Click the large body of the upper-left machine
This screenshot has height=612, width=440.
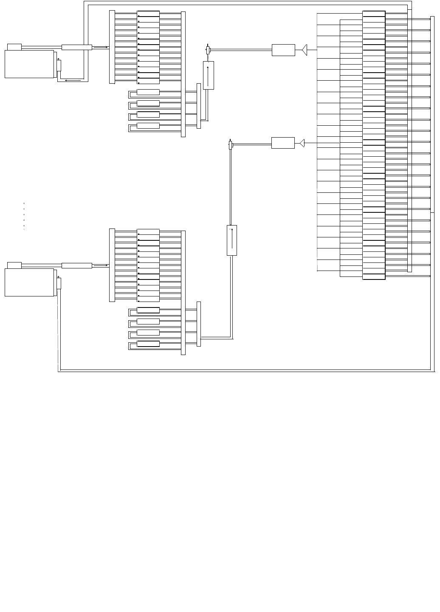[x=29, y=64]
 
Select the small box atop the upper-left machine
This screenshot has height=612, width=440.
[x=14, y=47]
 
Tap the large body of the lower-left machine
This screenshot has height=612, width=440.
[x=29, y=282]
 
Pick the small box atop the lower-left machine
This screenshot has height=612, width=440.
[x=14, y=265]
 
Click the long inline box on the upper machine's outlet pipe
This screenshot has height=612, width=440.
[x=76, y=47]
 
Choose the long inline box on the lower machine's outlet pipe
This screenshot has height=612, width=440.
[x=76, y=265]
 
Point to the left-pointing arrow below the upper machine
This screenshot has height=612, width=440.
[x=73, y=80]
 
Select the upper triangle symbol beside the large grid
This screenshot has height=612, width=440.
[x=305, y=50]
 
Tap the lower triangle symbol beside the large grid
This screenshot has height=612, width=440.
[x=302, y=143]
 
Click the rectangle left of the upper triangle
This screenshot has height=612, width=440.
[x=283, y=50]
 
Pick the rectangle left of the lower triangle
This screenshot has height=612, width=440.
[x=283, y=143]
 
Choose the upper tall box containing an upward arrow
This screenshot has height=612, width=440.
[x=208, y=75]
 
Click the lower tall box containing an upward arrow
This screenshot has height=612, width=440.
[x=232, y=240]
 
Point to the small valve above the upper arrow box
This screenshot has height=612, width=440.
[x=208, y=50]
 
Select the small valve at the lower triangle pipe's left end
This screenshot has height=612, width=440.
[x=231, y=145]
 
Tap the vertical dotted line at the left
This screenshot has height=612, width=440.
[x=24, y=216]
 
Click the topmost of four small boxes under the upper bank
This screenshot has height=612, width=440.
[x=148, y=92]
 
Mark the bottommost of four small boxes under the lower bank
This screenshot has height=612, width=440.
[x=148, y=344]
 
